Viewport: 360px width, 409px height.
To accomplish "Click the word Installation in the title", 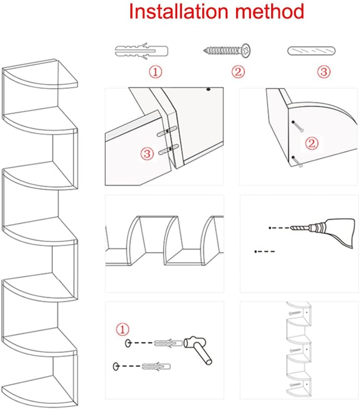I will coord(178,12).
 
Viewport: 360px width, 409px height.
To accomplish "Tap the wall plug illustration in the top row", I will coord(141,50).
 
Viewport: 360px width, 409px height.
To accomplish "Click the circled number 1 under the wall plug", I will coord(156,72).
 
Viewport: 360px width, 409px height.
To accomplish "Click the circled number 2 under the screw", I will coord(238,72).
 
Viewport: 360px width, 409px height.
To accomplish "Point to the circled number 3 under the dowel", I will coord(324,72).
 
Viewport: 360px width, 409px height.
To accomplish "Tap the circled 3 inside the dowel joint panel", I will coord(147,153).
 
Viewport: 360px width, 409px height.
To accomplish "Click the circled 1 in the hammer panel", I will coord(123,330).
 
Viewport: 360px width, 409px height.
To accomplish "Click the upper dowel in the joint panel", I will coord(167,132).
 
